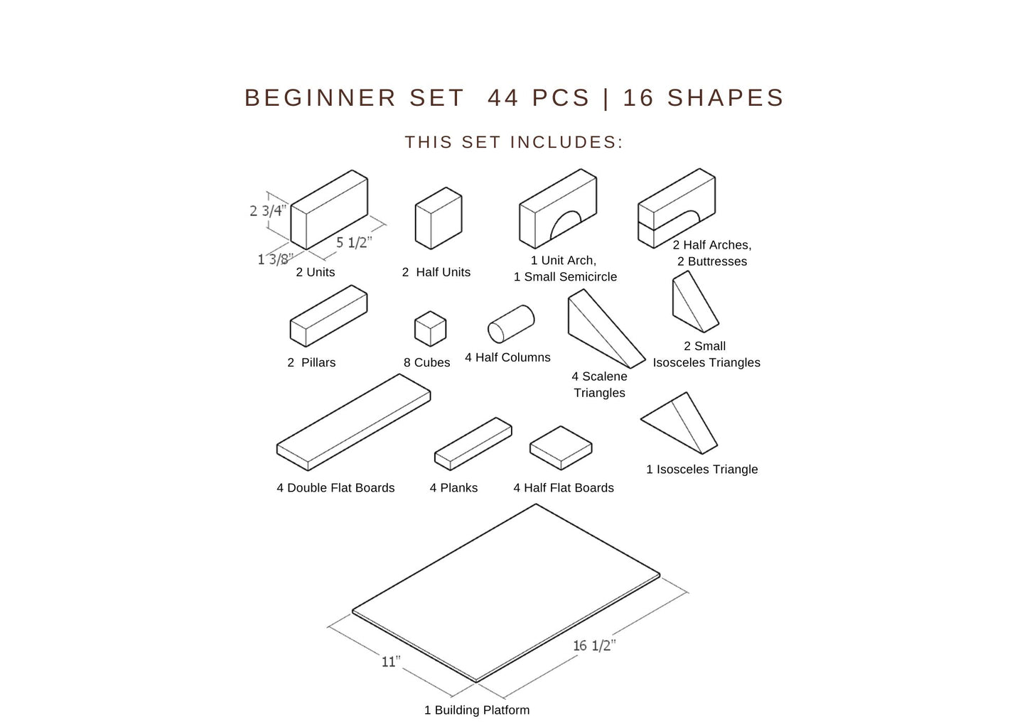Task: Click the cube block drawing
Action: [430, 329]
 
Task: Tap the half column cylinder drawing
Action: [511, 324]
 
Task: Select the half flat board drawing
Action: [561, 448]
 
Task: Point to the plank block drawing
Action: [473, 444]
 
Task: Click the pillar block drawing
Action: [328, 316]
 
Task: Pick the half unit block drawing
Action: [439, 218]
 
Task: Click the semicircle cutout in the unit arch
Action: [566, 224]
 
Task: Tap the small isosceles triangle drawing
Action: [694, 302]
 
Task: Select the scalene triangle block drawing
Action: [606, 329]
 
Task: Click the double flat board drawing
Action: [353, 422]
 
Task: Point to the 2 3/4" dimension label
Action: [268, 211]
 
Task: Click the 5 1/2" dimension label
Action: [354, 242]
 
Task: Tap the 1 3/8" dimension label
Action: [275, 259]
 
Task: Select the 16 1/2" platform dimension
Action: [594, 645]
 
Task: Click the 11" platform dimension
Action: [391, 661]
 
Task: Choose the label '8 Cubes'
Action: [426, 362]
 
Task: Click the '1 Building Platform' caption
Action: [477, 710]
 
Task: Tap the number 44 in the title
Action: [503, 97]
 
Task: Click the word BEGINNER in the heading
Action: [320, 97]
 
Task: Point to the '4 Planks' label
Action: [453, 487]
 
